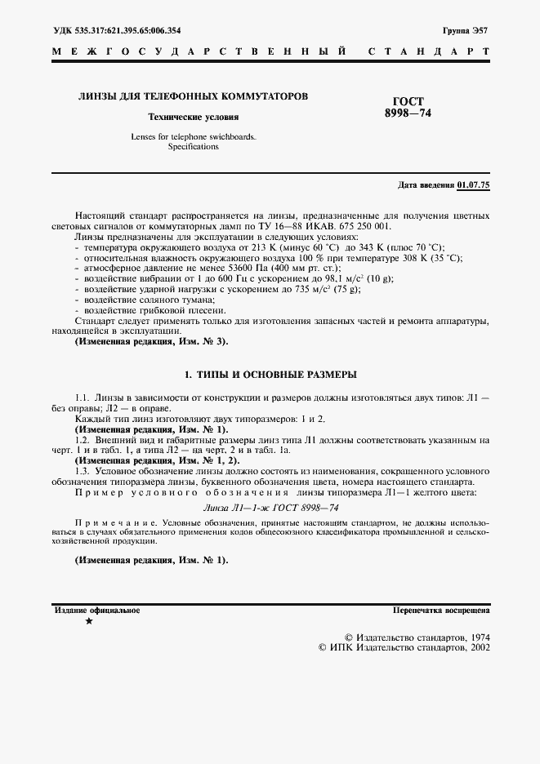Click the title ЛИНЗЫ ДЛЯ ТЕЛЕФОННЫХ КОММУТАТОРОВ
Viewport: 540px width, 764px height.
(193, 96)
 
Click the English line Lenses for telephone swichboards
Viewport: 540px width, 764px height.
(193, 137)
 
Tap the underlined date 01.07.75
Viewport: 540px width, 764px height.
(474, 185)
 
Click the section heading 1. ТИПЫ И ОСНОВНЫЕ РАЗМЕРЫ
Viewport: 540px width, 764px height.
(270, 375)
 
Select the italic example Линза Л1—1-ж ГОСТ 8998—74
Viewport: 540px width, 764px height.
(270, 507)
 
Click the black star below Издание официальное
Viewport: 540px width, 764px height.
(89, 622)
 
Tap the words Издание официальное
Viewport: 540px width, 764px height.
(97, 610)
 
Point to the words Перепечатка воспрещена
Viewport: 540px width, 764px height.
(440, 610)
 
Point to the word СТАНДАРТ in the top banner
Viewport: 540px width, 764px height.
(430, 51)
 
